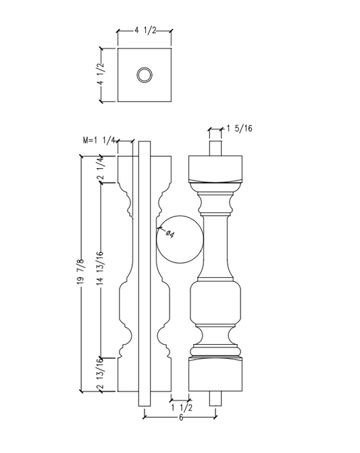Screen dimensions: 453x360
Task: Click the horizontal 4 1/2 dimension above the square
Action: [145, 30]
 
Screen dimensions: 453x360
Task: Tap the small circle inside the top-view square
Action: [144, 75]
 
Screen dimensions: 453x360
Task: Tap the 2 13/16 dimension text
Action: [100, 375]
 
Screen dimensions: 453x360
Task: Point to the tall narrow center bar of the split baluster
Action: [144, 270]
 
